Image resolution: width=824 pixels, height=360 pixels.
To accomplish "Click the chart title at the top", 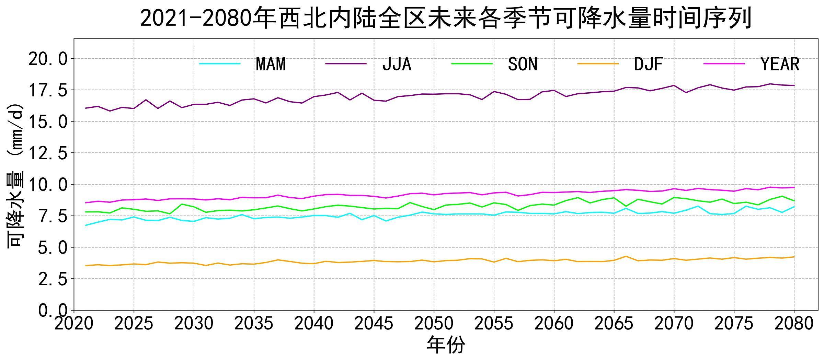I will coord(446,18).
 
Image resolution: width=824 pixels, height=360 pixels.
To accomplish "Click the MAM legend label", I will coord(271,64).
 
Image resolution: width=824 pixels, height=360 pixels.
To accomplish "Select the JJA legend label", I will coord(397,64).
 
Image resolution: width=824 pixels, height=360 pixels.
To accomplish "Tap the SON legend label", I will coord(523,64).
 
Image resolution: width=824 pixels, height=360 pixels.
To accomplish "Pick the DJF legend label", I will coord(648,64).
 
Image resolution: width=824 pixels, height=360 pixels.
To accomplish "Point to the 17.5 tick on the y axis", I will coord(48,90).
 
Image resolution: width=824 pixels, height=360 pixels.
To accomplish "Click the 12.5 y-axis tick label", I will coord(48,153).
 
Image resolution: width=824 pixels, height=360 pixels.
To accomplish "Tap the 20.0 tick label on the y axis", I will coord(48,59).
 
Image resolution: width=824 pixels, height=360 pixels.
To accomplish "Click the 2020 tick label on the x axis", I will coord(74,324).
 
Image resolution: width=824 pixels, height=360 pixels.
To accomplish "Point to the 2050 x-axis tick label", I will coord(434,324).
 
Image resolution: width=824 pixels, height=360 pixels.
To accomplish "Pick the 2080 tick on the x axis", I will coord(794,324).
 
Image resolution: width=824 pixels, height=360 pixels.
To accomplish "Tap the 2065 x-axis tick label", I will coord(614,324).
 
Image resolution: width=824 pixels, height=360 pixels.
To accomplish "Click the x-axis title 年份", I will coord(446,345).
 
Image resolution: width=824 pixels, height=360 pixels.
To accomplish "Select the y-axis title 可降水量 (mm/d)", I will coord(15,175).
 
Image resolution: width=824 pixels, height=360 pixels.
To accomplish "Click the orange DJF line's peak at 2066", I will coord(626,256).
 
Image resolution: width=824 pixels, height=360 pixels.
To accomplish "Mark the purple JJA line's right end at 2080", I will coord(794,85).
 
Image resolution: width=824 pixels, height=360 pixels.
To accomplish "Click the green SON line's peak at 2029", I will coord(182,204).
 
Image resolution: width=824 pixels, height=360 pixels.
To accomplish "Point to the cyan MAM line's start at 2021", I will coord(86,225).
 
